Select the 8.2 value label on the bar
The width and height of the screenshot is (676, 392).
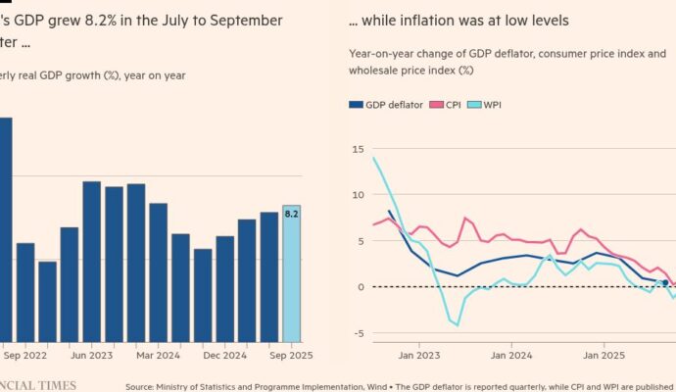click(x=291, y=213)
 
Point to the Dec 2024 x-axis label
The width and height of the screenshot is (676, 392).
click(x=223, y=358)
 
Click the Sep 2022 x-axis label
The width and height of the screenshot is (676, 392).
click(x=24, y=358)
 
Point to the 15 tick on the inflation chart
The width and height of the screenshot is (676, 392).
click(x=359, y=148)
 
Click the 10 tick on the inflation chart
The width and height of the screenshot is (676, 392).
click(x=359, y=194)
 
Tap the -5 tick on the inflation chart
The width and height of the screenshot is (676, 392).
click(x=359, y=333)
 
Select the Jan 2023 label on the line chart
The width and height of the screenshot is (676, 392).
click(x=418, y=357)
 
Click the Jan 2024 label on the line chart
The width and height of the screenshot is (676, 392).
click(x=511, y=357)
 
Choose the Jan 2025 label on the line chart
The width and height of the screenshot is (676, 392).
click(x=604, y=357)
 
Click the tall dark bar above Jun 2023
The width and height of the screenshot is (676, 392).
click(x=91, y=260)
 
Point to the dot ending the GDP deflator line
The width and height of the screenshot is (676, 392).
click(x=665, y=282)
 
